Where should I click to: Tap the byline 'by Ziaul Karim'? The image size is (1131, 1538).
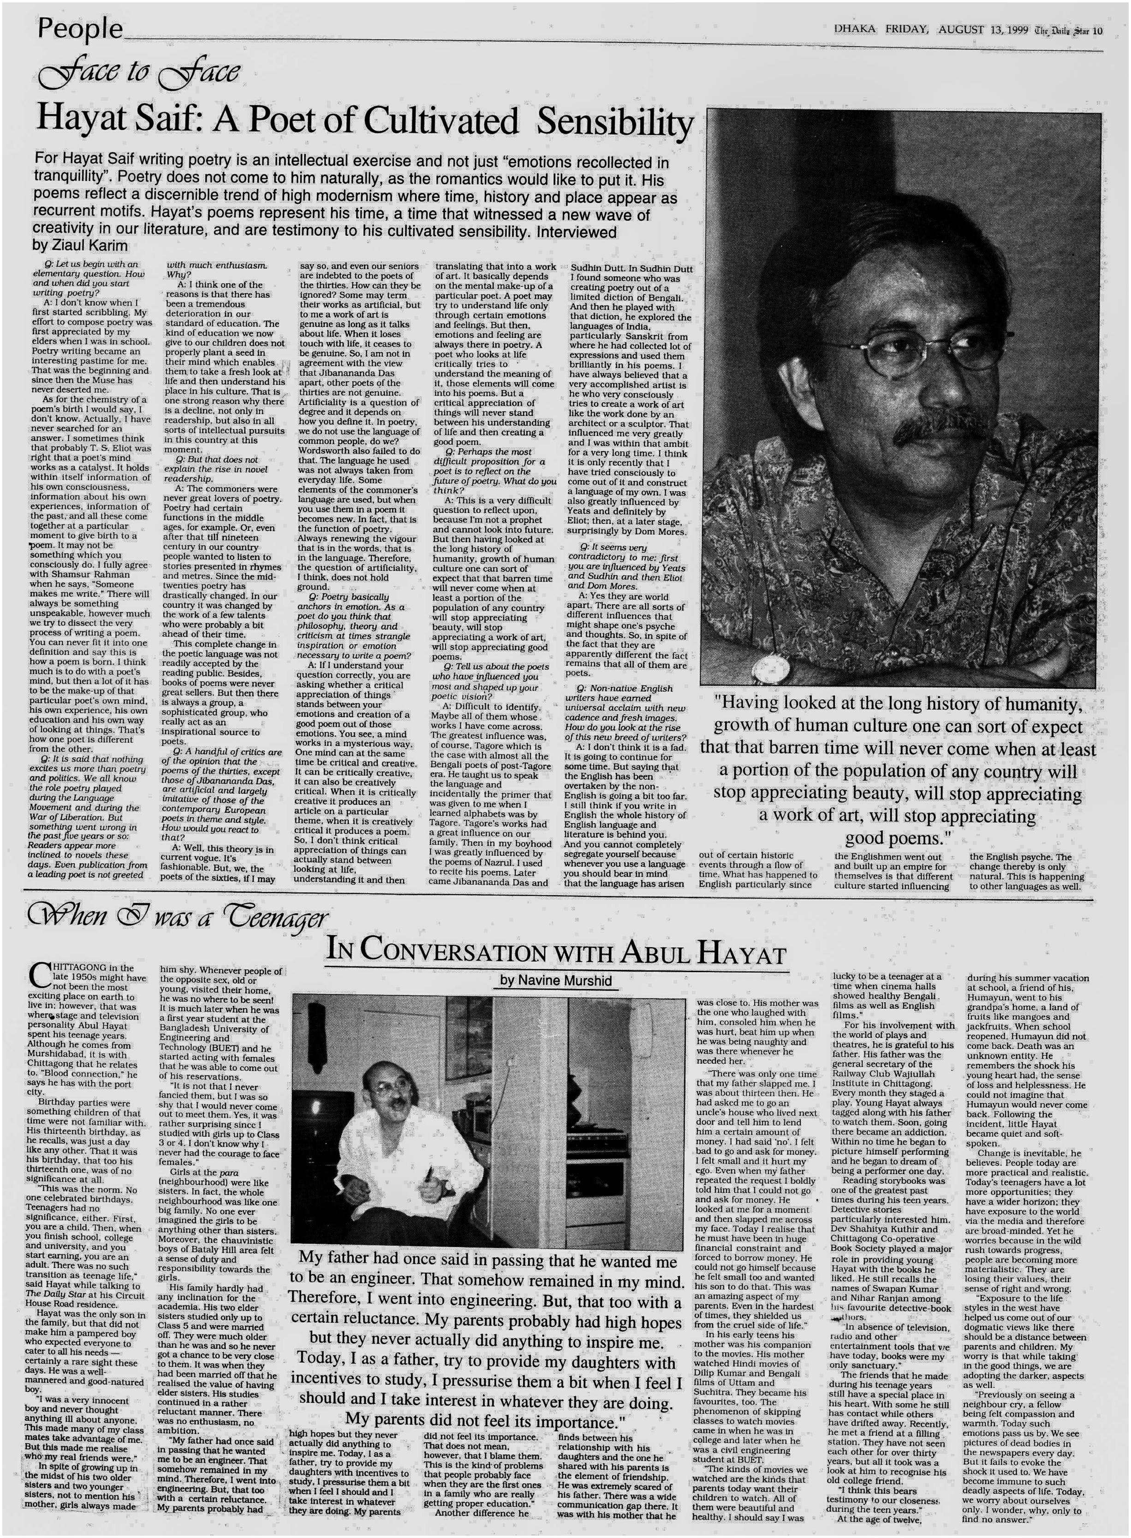80,245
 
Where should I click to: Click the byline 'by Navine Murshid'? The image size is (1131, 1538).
555,980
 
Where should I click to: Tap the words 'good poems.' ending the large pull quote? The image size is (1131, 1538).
893,838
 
